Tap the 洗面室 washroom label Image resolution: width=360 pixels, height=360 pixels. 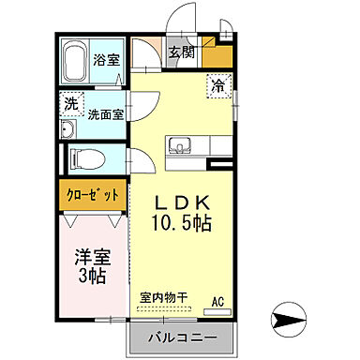106,114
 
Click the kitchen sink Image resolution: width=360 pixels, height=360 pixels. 178,146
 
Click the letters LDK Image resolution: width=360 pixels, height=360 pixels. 181,203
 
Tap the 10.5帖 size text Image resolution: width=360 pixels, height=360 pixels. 181,225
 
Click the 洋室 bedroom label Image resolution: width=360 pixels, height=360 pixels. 91,255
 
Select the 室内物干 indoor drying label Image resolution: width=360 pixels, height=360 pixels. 163,297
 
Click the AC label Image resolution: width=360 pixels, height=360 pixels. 217,301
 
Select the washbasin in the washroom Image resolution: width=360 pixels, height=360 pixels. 67,129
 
